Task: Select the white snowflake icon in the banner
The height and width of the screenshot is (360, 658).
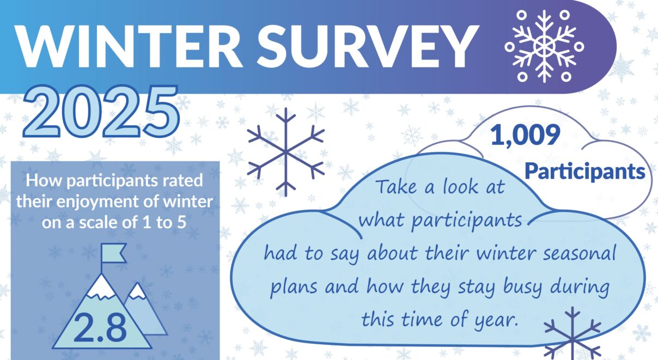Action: coord(544,46)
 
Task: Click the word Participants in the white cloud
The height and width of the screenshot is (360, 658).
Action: coord(584,172)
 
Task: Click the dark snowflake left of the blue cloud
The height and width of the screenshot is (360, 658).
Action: coord(285,152)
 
